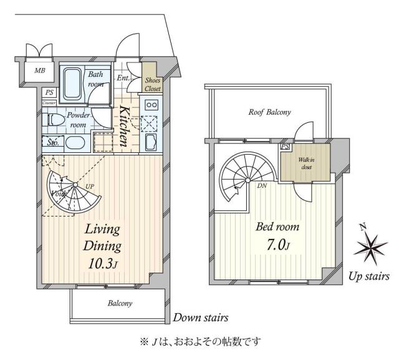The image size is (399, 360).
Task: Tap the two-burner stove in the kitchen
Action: (151, 105)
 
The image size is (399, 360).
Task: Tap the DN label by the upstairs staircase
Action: (262, 185)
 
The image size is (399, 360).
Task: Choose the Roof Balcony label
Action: (269, 112)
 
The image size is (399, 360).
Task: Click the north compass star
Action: (371, 245)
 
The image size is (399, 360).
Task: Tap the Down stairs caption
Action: (200, 318)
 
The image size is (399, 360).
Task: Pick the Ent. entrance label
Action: (123, 78)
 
